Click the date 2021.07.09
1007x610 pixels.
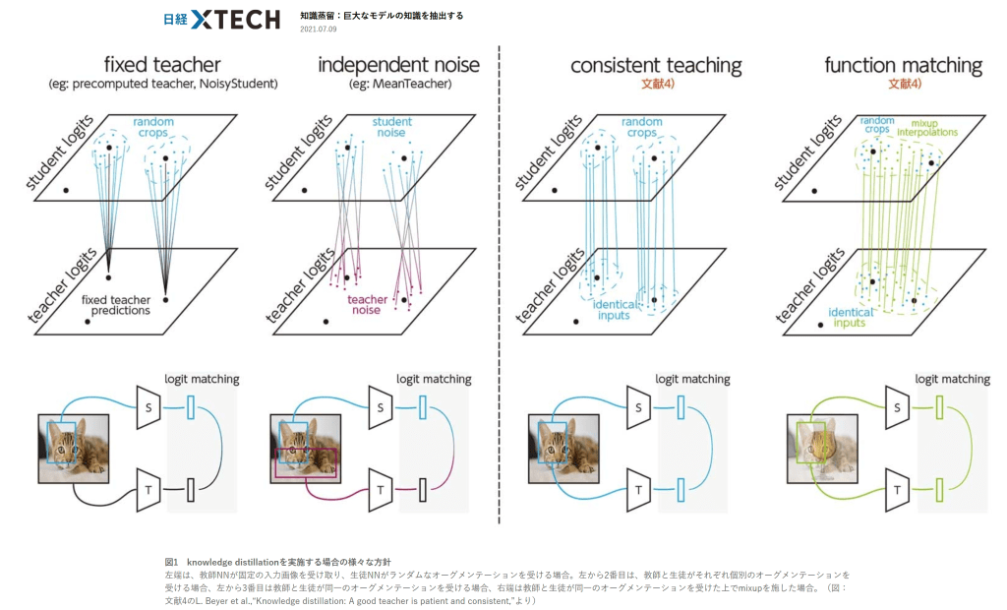point(318,29)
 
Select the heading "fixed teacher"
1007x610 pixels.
point(162,66)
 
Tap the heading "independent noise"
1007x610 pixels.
point(398,66)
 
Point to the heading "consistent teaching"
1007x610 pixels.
point(656,66)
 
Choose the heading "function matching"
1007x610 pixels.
point(903,66)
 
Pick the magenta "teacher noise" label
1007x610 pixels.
point(367,305)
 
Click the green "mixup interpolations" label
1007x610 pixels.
point(919,128)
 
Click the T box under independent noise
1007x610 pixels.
point(380,486)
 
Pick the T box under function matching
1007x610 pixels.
point(898,486)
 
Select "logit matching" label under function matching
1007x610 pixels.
point(951,379)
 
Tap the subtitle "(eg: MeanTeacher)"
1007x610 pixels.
point(398,85)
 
